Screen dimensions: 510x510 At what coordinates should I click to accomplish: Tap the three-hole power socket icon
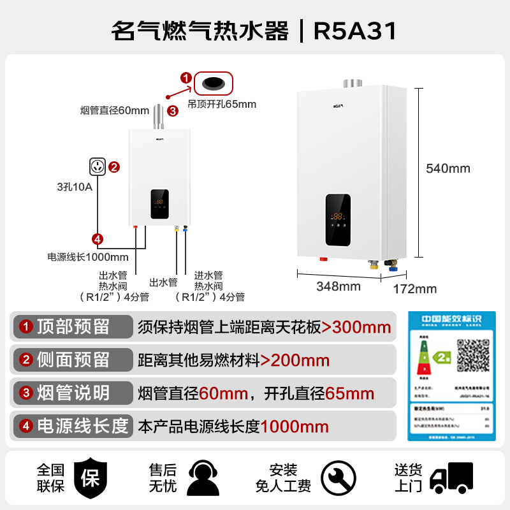[98, 168]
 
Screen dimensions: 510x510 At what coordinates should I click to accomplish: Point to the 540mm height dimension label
[448, 168]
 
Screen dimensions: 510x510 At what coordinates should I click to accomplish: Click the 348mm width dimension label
[339, 286]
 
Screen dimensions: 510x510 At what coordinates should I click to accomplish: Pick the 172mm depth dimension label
[415, 289]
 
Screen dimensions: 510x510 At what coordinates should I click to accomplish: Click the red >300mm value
[356, 327]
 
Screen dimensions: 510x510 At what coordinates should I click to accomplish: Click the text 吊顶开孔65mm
[222, 104]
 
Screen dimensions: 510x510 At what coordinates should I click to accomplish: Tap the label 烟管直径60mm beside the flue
[115, 110]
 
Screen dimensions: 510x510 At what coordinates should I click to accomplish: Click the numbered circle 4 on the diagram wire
[98, 240]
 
